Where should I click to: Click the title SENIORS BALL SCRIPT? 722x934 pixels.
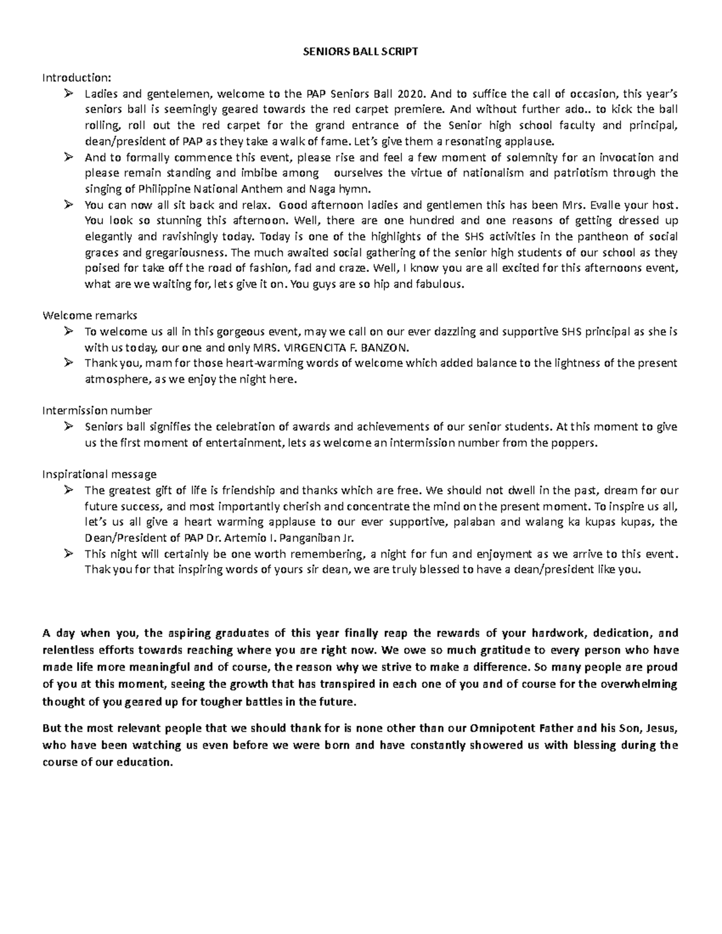click(359, 52)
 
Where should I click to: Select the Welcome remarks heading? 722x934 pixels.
click(90, 315)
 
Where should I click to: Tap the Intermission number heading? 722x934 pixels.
click(97, 410)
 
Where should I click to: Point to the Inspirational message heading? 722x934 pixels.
click(99, 474)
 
